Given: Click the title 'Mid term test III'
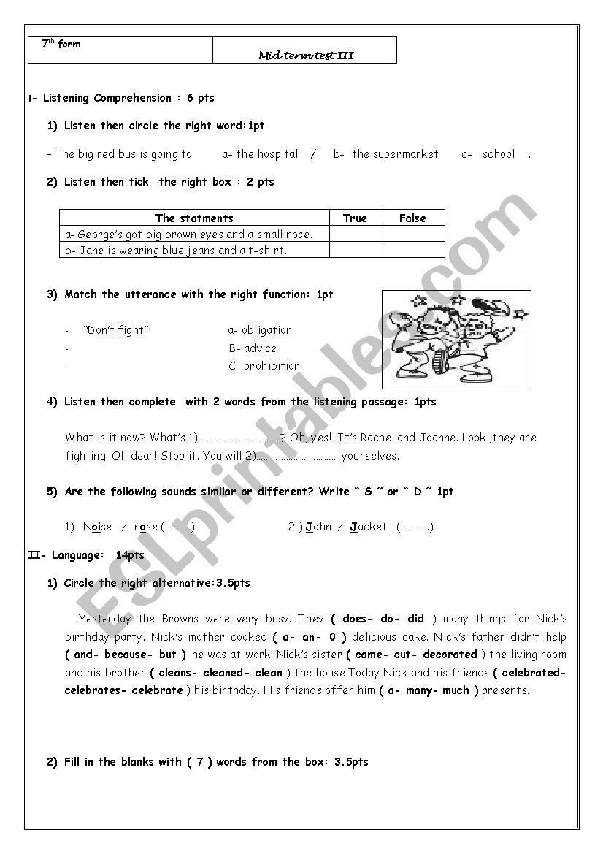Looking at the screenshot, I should coord(306,56).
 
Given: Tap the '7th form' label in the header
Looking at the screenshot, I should coord(61,45).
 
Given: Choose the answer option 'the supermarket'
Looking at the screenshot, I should coord(395,154).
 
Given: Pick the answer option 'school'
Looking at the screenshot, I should coord(499,154).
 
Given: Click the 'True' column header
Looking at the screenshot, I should coord(355,218).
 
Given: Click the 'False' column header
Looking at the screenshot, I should coord(412,218).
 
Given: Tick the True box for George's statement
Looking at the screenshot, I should coord(355,234).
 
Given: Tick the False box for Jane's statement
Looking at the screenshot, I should coord(412,250).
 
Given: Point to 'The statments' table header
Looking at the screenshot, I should coord(194,218).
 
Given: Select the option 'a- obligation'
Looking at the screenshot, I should coord(260,330).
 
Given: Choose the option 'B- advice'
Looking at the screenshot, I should coord(253,348).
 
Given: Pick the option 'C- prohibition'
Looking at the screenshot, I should coord(264,366).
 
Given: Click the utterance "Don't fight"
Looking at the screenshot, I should coord(116,330).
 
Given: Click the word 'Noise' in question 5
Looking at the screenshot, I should coord(97,527).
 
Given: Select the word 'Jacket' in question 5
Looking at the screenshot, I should coord(369,527).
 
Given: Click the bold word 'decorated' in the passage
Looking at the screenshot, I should coord(450,655).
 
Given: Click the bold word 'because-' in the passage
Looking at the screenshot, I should coord(128,655).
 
